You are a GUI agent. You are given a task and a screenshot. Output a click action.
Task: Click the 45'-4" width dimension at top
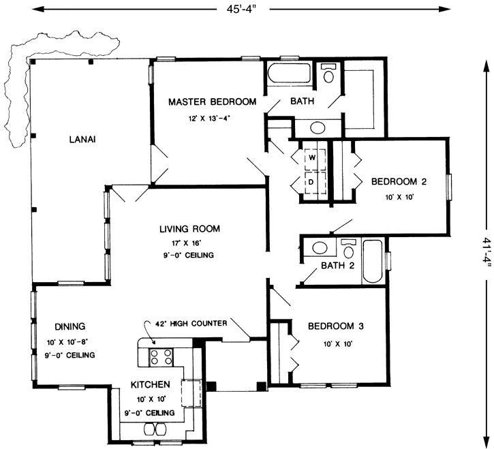[x=243, y=9]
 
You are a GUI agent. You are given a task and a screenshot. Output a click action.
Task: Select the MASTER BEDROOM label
[x=212, y=102]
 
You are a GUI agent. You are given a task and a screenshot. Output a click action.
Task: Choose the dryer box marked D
[x=312, y=183]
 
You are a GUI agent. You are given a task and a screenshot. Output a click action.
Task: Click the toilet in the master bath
[x=328, y=74]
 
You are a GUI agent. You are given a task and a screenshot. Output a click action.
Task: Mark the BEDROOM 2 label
[x=399, y=182]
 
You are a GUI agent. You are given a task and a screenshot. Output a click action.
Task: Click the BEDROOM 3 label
[x=335, y=326]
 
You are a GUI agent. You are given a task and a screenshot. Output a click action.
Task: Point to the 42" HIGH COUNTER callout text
[x=191, y=324]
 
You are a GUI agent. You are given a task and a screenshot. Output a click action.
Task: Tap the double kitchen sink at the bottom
[x=155, y=429]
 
